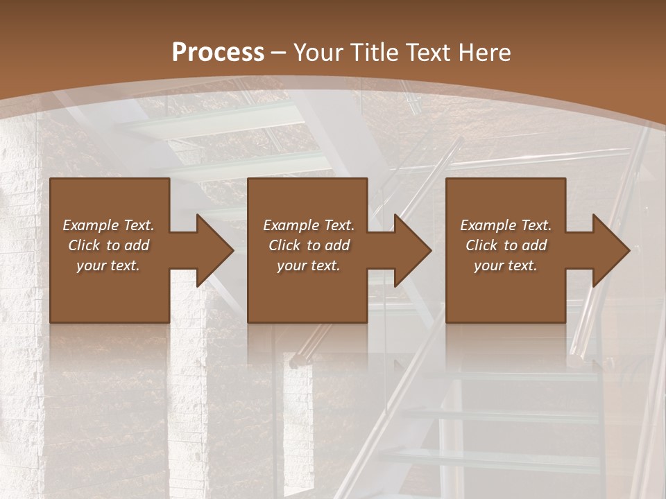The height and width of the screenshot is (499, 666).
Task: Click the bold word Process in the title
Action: (x=218, y=53)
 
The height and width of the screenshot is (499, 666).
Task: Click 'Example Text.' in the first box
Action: (x=108, y=225)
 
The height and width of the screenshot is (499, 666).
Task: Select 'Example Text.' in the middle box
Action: (x=309, y=225)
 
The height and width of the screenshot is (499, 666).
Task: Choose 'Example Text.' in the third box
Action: (x=506, y=225)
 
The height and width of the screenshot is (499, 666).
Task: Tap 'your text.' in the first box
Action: (x=108, y=265)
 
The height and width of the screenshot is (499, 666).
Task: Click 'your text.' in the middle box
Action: (x=309, y=265)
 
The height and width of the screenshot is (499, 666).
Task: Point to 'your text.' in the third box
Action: (x=506, y=265)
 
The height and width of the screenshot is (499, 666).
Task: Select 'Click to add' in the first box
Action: (x=108, y=245)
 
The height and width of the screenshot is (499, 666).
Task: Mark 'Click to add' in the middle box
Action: (x=309, y=245)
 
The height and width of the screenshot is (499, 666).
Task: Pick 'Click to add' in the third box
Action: (x=506, y=245)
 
